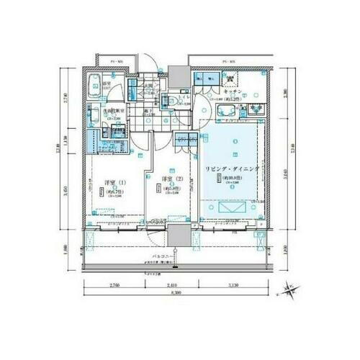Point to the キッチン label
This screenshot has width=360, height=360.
232,92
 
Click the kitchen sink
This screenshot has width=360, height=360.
222,110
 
